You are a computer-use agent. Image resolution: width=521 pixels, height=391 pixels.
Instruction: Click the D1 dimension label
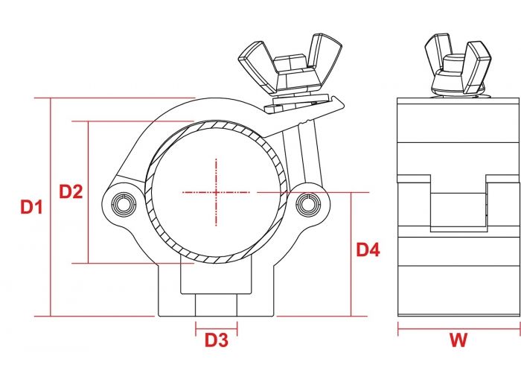(x=31, y=207)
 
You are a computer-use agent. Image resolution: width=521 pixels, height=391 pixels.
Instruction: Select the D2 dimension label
(x=71, y=191)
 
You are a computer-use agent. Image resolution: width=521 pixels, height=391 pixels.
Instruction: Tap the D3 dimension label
(x=217, y=340)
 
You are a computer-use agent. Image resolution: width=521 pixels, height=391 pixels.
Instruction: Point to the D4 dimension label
(x=368, y=249)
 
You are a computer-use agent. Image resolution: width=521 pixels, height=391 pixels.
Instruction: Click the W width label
(x=458, y=340)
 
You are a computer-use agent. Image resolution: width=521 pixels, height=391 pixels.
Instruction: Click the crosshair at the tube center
(x=217, y=192)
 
